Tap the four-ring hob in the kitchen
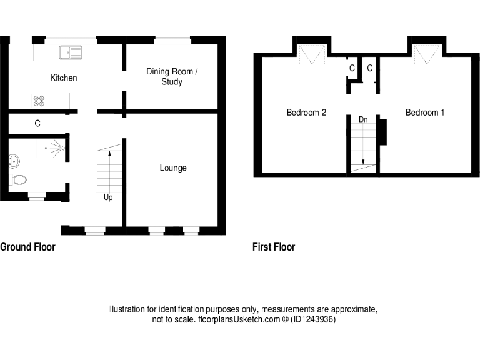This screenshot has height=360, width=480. pyautogui.click(x=39, y=100)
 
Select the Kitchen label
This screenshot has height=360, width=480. pyautogui.click(x=64, y=78)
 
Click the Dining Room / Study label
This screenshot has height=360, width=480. pyautogui.click(x=172, y=77)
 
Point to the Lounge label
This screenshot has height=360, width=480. pyautogui.click(x=173, y=167)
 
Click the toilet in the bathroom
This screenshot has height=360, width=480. pyautogui.click(x=19, y=181)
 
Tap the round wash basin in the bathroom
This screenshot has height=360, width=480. pyautogui.click(x=13, y=161)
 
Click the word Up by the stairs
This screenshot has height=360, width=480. pyautogui.click(x=108, y=197)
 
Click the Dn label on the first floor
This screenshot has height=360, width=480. pyautogui.click(x=363, y=119)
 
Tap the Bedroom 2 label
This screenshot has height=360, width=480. pyautogui.click(x=306, y=112)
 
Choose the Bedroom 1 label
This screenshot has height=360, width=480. pyautogui.click(x=425, y=112)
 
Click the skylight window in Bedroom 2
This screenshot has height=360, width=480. pyautogui.click(x=312, y=55)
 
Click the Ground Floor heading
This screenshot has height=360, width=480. pyautogui.click(x=28, y=247)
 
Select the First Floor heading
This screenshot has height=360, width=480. pyautogui.click(x=274, y=247)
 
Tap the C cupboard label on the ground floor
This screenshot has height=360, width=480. pyautogui.click(x=37, y=124)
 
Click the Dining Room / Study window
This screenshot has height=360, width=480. pyautogui.click(x=173, y=40)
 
